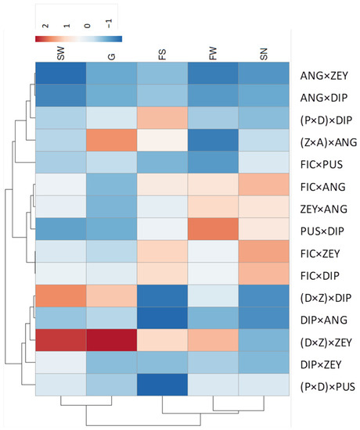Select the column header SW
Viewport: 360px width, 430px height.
(61, 52)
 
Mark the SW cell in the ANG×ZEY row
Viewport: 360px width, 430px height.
(61, 76)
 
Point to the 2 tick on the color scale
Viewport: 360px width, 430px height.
(45, 25)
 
